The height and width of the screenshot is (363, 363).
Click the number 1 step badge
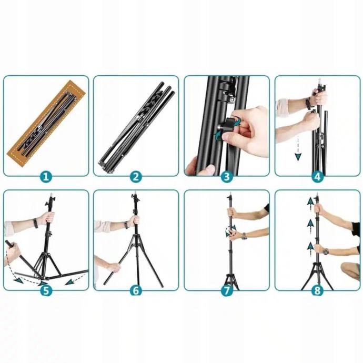(46, 177)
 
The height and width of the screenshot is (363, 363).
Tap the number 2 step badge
(136, 177)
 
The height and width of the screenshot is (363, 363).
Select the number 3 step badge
(227, 177)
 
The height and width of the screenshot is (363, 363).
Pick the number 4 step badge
(317, 177)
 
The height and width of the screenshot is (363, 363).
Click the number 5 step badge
(46, 290)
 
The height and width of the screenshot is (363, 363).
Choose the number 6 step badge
(136, 290)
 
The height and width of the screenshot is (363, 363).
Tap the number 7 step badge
(227, 290)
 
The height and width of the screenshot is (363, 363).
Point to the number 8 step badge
(317, 290)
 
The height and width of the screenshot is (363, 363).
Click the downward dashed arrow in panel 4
(298, 148)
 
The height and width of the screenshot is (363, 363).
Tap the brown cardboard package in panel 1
(46, 123)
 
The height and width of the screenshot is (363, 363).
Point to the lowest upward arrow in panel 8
(310, 249)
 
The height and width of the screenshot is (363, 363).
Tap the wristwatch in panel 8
(326, 251)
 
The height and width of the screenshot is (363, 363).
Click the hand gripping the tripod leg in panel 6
(114, 268)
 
